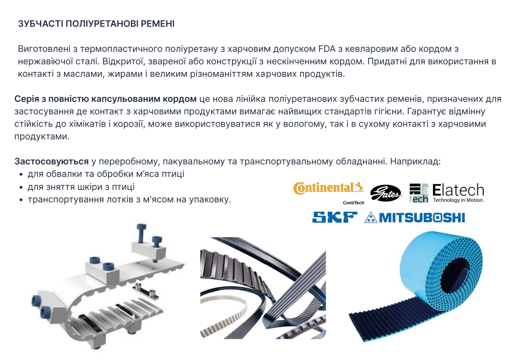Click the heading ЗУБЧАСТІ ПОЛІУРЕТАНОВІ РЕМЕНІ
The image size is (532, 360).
pos(96,24)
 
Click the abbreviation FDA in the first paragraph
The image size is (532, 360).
pos(327,49)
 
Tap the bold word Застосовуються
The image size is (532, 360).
pos(52,162)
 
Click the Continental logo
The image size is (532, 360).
pos(329,188)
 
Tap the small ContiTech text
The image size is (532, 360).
pos(353,202)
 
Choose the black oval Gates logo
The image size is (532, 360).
pos(385,194)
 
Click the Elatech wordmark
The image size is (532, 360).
pos(458,190)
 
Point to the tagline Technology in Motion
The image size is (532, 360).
pos(459,200)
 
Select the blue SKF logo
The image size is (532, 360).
pos(335,218)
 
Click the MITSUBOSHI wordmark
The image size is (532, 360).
pos(422,218)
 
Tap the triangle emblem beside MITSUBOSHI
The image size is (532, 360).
pos(371,218)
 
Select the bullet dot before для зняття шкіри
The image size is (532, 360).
pos(21,187)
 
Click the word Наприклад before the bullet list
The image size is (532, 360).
pos(415,162)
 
